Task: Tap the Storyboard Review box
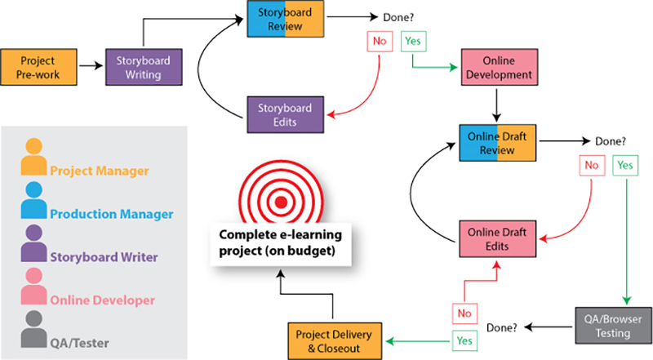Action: tap(286, 20)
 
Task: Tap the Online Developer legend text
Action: tap(102, 300)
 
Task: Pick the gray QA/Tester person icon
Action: tap(33, 331)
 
